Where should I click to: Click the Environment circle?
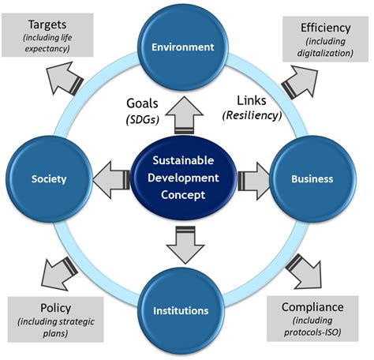184,47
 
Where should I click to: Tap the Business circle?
311,179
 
